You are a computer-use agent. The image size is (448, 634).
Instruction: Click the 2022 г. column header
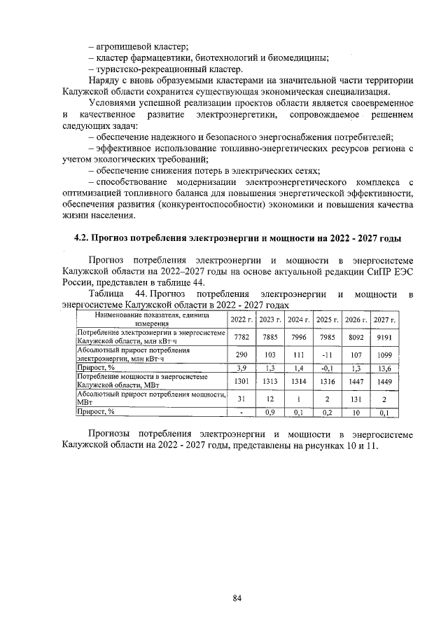click(241, 320)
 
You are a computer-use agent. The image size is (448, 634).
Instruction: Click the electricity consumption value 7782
click(241, 336)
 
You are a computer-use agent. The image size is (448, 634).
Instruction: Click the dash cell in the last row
click(241, 413)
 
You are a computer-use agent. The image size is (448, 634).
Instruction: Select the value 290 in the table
click(241, 354)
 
